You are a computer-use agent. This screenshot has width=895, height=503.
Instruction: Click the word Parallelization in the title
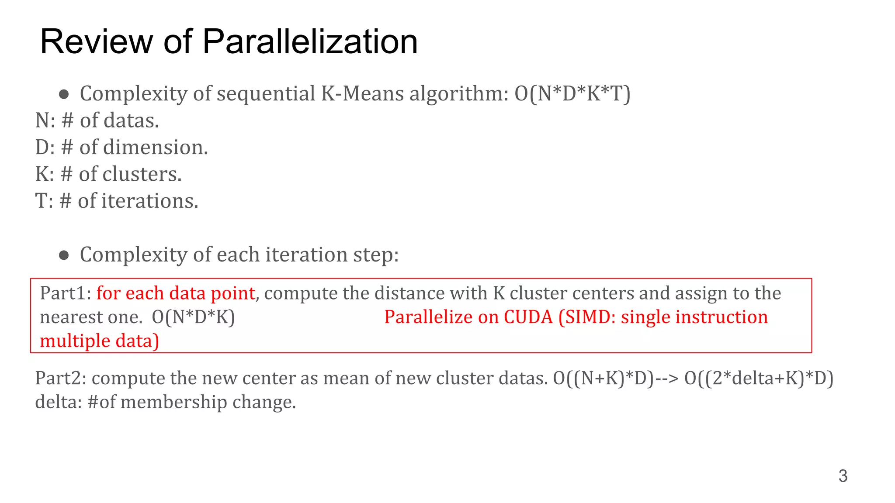coord(310,41)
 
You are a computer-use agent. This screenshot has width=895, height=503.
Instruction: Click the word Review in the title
coord(97,41)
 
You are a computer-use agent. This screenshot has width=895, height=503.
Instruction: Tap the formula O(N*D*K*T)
coord(572,93)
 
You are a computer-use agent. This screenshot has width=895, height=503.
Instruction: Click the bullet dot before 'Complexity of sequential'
coord(64,94)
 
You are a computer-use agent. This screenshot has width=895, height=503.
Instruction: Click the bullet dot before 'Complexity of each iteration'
coord(64,255)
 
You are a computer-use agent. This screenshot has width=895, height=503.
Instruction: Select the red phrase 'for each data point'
coord(176,293)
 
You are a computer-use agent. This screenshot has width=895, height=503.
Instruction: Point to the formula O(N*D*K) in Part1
coord(193,317)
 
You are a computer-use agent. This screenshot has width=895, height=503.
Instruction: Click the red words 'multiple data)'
coord(99,341)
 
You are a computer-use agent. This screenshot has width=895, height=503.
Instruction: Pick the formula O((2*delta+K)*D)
coord(759,378)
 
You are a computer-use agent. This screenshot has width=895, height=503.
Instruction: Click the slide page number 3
coord(843,476)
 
